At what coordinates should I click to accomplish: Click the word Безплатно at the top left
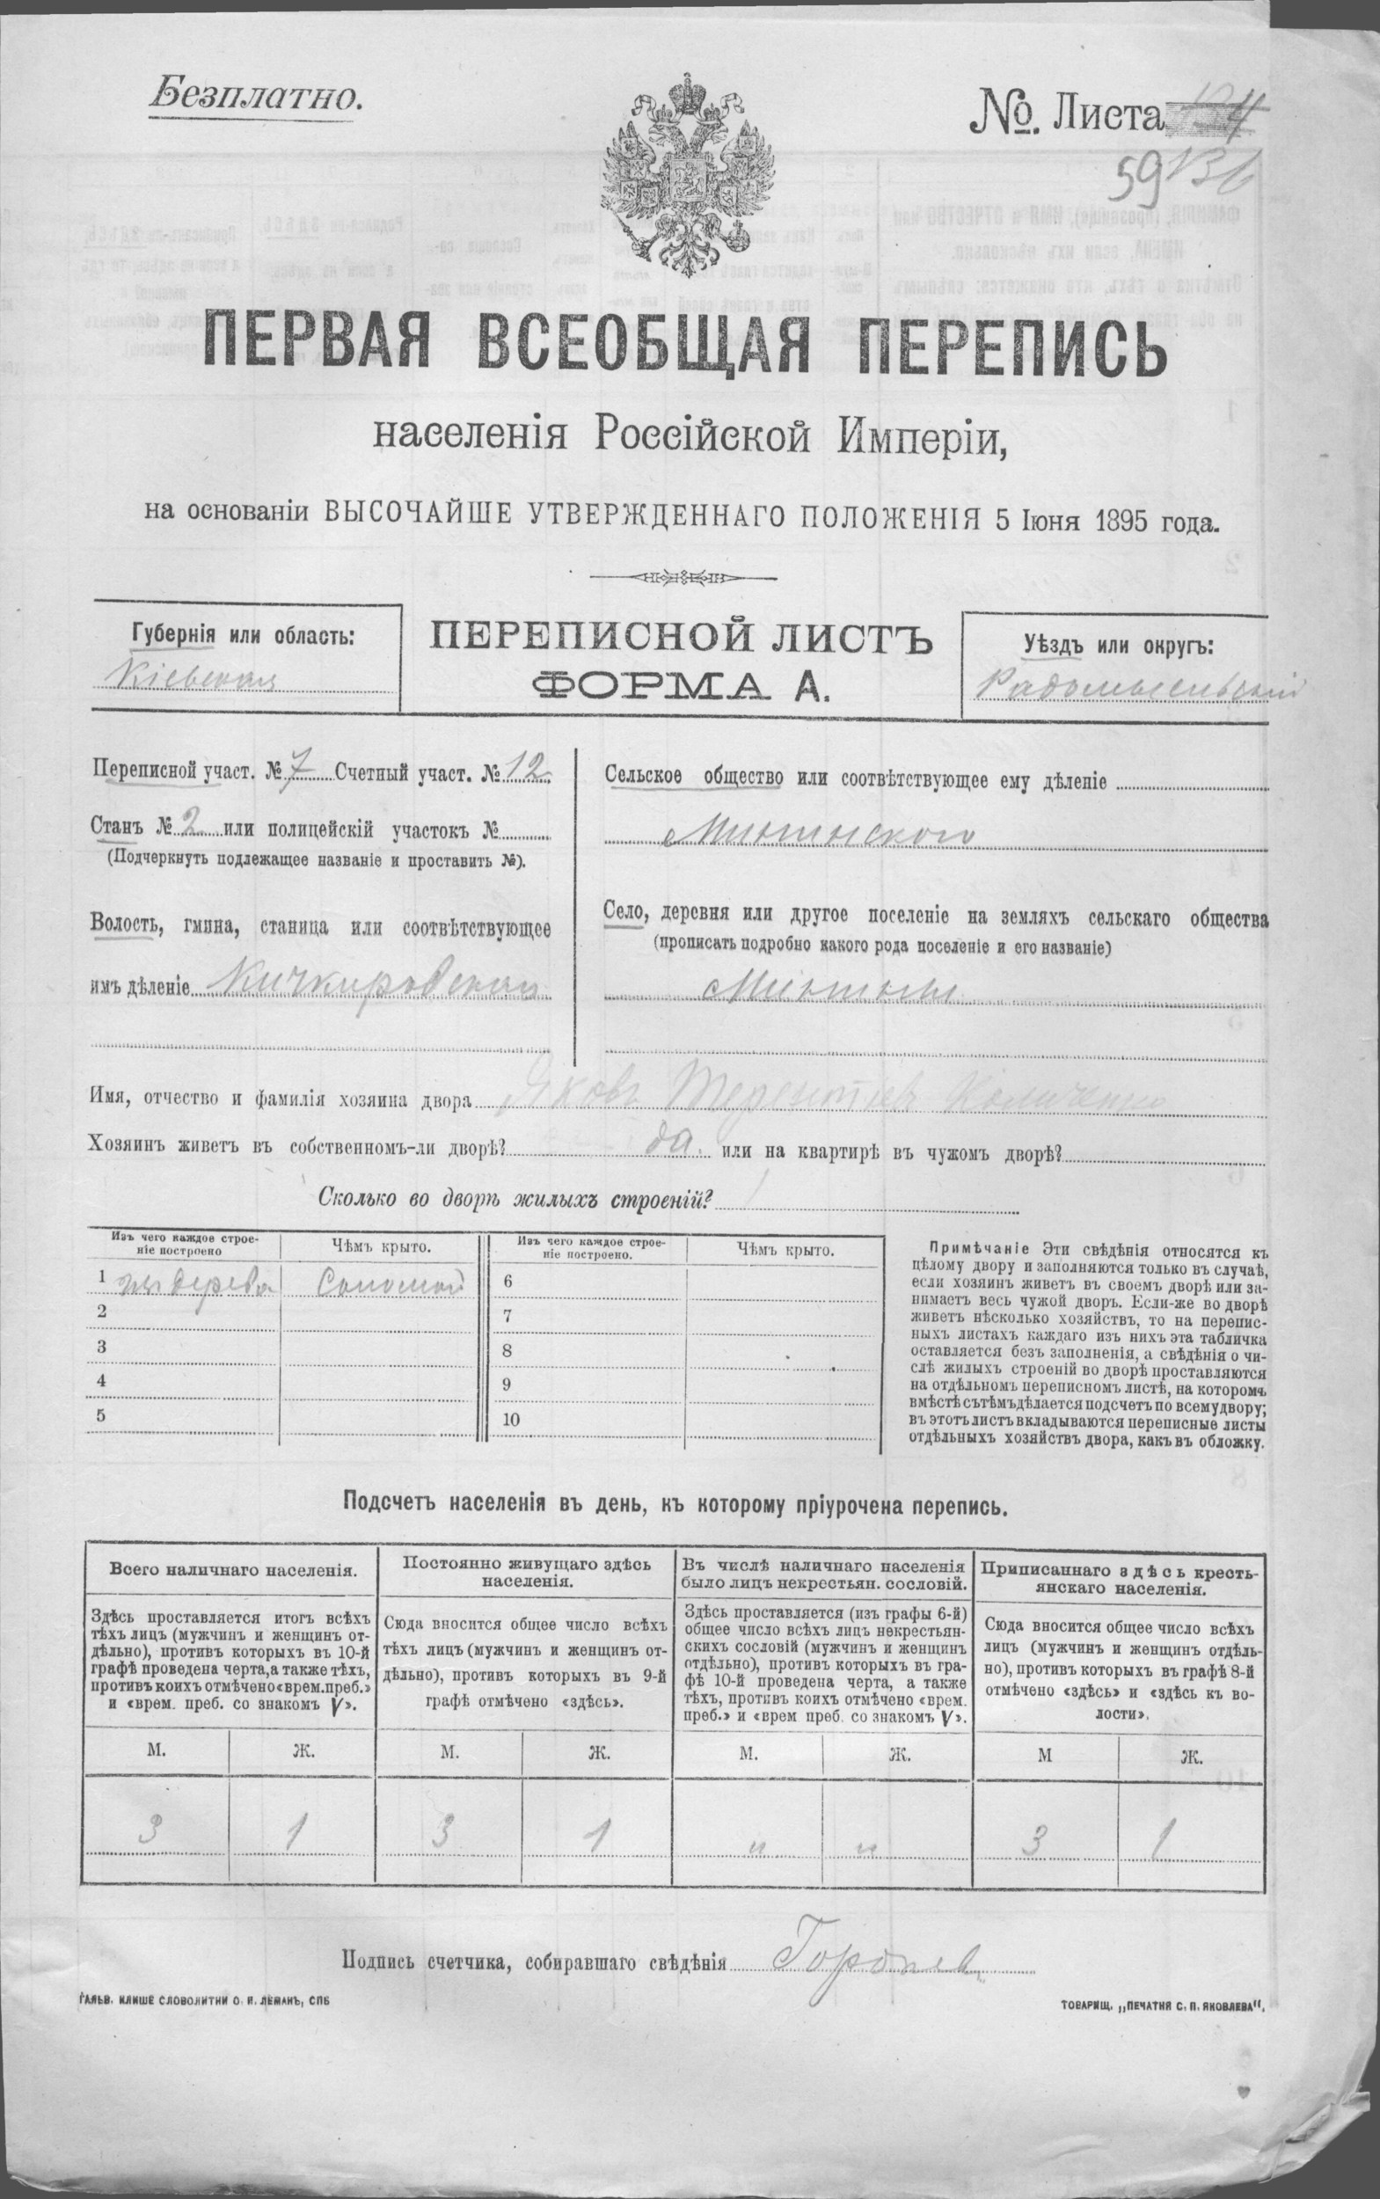pos(253,94)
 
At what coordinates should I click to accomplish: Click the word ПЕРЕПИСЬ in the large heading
pos(1022,348)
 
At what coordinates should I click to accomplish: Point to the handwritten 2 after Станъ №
pos(193,827)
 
